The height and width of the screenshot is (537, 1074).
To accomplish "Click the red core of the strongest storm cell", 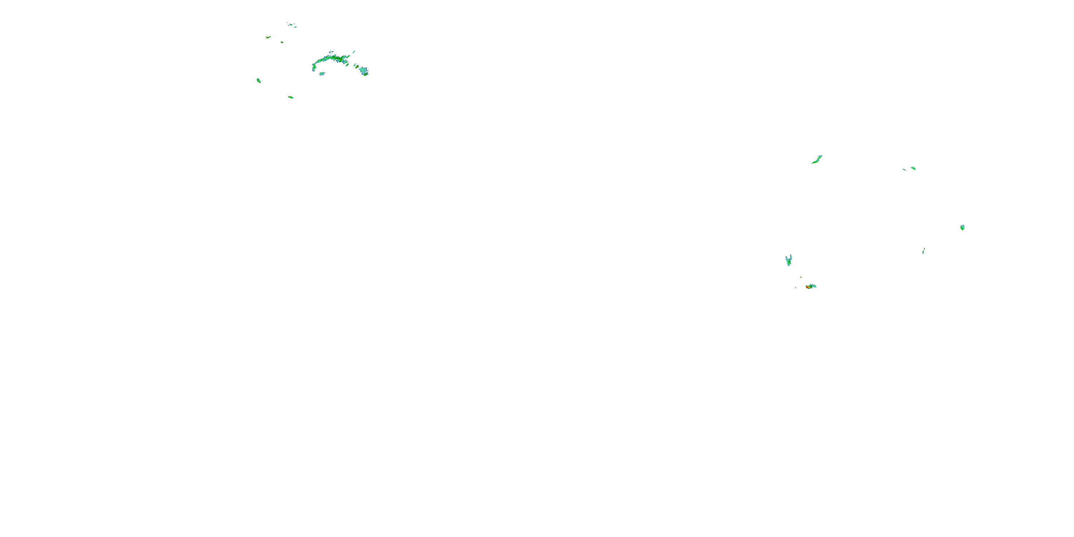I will tap(808, 287).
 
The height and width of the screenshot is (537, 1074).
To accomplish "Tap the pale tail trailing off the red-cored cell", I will tap(813, 286).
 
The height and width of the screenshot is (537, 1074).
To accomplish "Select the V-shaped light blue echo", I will tap(788, 261).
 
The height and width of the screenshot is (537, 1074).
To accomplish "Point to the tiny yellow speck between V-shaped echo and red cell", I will tap(801, 277).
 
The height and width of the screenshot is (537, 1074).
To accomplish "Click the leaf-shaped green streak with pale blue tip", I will tap(817, 160).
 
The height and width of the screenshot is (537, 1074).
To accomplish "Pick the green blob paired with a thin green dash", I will tap(913, 168).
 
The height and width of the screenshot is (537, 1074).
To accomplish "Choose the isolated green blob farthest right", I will tap(962, 227).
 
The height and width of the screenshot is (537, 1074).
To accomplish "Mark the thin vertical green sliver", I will tap(924, 250).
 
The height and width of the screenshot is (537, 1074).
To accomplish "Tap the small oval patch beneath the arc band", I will tap(322, 73).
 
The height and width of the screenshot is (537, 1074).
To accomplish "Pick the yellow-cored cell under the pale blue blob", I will tap(365, 74).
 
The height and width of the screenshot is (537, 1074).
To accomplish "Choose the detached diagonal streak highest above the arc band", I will tap(354, 52).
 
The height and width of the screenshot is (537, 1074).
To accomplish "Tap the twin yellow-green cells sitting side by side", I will tap(268, 37).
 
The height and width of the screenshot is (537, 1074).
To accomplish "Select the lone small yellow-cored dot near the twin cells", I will tap(282, 42).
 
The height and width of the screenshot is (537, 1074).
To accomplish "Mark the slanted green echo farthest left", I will tap(258, 81).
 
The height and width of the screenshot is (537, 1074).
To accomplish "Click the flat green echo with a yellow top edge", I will tap(291, 97).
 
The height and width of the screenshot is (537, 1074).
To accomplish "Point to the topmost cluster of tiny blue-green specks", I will tap(292, 25).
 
